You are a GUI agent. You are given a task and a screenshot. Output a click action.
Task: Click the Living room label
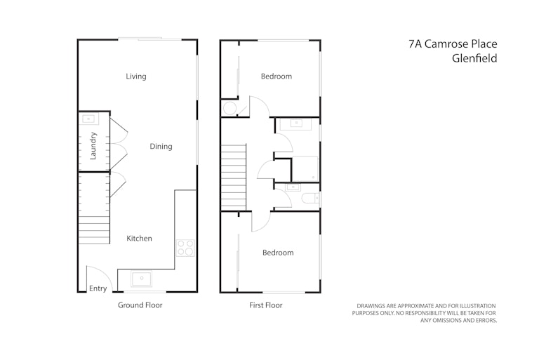(x=135, y=76)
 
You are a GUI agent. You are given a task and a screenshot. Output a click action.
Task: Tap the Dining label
(x=161, y=147)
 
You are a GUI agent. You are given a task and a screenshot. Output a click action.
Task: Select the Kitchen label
(x=139, y=239)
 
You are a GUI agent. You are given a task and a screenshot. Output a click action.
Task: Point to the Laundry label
(x=93, y=146)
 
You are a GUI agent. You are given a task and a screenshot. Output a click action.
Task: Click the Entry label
(x=98, y=288)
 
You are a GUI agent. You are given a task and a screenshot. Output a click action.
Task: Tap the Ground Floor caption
(x=140, y=305)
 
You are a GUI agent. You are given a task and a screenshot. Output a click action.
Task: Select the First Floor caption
(x=266, y=305)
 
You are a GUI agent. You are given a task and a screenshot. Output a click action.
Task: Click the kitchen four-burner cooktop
(x=185, y=248)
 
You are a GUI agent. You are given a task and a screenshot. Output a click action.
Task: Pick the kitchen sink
(x=141, y=279)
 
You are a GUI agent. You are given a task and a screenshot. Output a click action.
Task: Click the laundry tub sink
(x=88, y=119)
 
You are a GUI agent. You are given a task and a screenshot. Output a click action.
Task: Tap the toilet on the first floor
(x=310, y=199)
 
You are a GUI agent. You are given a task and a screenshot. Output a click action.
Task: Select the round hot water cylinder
(x=230, y=108)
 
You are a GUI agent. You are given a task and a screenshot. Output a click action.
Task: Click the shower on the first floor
(x=305, y=169)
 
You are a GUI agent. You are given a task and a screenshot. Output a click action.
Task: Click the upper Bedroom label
(x=277, y=76)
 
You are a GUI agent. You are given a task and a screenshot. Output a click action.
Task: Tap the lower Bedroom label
(x=278, y=253)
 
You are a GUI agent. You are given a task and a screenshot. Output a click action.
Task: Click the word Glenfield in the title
(x=474, y=58)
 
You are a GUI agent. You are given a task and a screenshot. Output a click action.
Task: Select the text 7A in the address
(x=415, y=44)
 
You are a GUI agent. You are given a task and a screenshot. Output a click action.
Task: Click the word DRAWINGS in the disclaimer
(x=371, y=306)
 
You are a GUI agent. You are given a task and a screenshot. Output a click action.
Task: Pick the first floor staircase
(x=234, y=177)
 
